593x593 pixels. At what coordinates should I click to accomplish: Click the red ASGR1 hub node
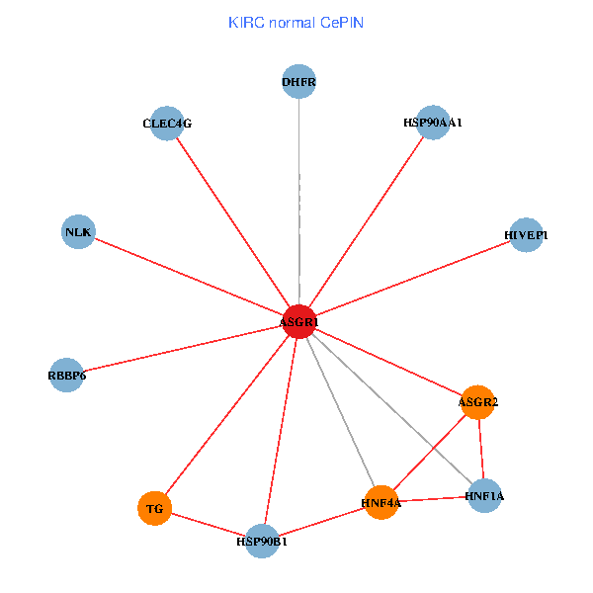click(x=298, y=321)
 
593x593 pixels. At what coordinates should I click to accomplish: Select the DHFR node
click(x=298, y=82)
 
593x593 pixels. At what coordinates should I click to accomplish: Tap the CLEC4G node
click(x=167, y=124)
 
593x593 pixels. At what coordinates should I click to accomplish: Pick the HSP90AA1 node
click(x=433, y=123)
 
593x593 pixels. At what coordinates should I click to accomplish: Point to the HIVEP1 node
click(x=526, y=235)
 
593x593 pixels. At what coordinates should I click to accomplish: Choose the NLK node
click(x=78, y=232)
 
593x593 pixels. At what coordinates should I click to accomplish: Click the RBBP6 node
click(x=66, y=375)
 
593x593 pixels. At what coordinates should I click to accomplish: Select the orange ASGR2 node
click(x=477, y=402)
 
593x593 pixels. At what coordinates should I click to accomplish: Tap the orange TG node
click(x=154, y=509)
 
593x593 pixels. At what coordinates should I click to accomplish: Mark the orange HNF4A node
click(x=381, y=503)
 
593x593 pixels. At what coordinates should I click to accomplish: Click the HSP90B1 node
click(x=262, y=541)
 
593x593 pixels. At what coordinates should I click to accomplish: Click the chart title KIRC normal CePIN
click(x=296, y=22)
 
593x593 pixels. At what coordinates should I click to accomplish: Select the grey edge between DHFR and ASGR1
click(x=298, y=198)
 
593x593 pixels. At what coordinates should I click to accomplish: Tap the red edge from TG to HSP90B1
click(x=208, y=525)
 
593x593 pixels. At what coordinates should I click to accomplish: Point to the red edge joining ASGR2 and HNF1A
click(x=480, y=450)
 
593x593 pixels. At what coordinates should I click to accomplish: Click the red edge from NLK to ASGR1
click(x=188, y=277)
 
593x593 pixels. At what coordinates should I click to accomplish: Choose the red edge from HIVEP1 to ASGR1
click(x=412, y=278)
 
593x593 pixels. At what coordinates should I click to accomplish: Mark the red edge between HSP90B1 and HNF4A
click(x=321, y=522)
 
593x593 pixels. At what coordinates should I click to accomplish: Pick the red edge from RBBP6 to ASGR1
click(x=183, y=348)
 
